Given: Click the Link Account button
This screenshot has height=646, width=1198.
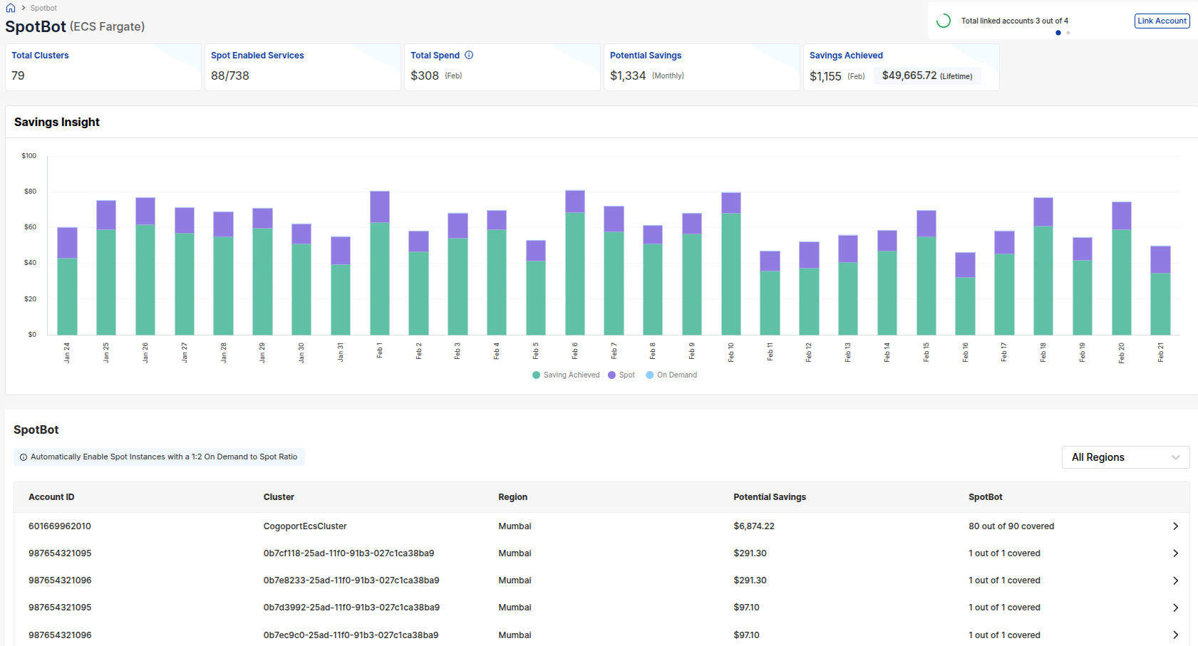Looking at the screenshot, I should (x=1162, y=21).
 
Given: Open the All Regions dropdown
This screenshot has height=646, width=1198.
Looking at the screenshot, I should (x=1125, y=457).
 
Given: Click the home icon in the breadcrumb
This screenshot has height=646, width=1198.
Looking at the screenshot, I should (x=11, y=8).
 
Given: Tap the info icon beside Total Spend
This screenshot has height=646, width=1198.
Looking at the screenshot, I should (x=469, y=55).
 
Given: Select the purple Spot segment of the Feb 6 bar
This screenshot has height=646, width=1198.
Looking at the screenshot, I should (x=574, y=202).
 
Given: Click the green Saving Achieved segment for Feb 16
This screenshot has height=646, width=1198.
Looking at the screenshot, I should (x=965, y=306).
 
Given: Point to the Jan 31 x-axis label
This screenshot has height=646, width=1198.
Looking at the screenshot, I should (x=341, y=352).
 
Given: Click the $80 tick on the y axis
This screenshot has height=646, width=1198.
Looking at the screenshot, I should (x=30, y=192).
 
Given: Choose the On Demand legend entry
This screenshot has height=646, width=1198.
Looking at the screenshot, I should (x=671, y=375).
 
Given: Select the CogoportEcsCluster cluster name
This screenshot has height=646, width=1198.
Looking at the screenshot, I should (x=305, y=526).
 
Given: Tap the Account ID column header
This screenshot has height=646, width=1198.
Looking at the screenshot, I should (x=51, y=497).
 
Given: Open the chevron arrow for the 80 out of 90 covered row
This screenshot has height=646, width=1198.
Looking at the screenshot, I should (x=1175, y=526).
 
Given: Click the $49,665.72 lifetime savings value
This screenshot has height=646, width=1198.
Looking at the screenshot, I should (x=909, y=75).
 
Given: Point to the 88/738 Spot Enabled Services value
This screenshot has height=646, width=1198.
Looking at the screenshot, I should (x=230, y=75).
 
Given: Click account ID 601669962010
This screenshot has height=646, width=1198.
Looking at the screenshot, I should (x=60, y=526).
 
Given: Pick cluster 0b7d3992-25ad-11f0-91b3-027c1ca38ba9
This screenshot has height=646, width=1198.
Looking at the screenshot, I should (x=351, y=608).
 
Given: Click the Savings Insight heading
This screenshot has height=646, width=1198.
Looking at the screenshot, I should (x=57, y=123).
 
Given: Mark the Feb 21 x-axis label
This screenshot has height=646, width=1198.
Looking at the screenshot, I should (x=1160, y=352).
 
